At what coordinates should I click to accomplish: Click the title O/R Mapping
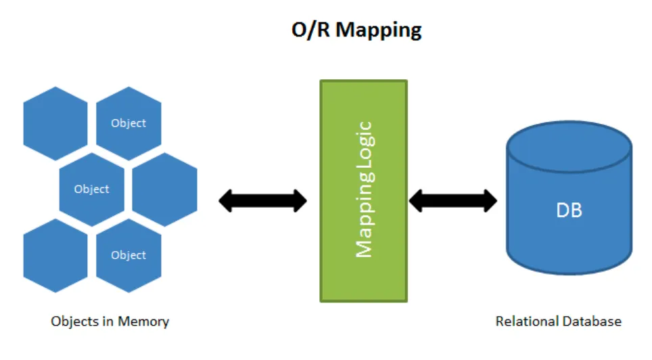pyautogui.click(x=356, y=30)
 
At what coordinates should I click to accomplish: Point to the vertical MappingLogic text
pyautogui.click(x=364, y=190)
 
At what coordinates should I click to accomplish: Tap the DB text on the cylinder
pyautogui.click(x=569, y=210)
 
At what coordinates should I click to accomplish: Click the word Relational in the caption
pyautogui.click(x=524, y=321)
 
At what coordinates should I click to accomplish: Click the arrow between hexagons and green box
pyautogui.click(x=263, y=200)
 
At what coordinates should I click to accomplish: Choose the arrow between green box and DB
pyautogui.click(x=453, y=200)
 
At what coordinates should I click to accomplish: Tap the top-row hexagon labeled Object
pyautogui.click(x=129, y=123)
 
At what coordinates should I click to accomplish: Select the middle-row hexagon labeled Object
pyautogui.click(x=92, y=189)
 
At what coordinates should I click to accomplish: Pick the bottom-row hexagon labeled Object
pyautogui.click(x=129, y=255)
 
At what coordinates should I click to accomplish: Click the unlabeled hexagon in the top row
pyautogui.click(x=55, y=123)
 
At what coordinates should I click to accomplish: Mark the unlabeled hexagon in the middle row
pyautogui.click(x=165, y=189)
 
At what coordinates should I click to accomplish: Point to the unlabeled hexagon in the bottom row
pyautogui.click(x=55, y=255)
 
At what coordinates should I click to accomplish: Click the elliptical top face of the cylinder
pyautogui.click(x=569, y=143)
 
